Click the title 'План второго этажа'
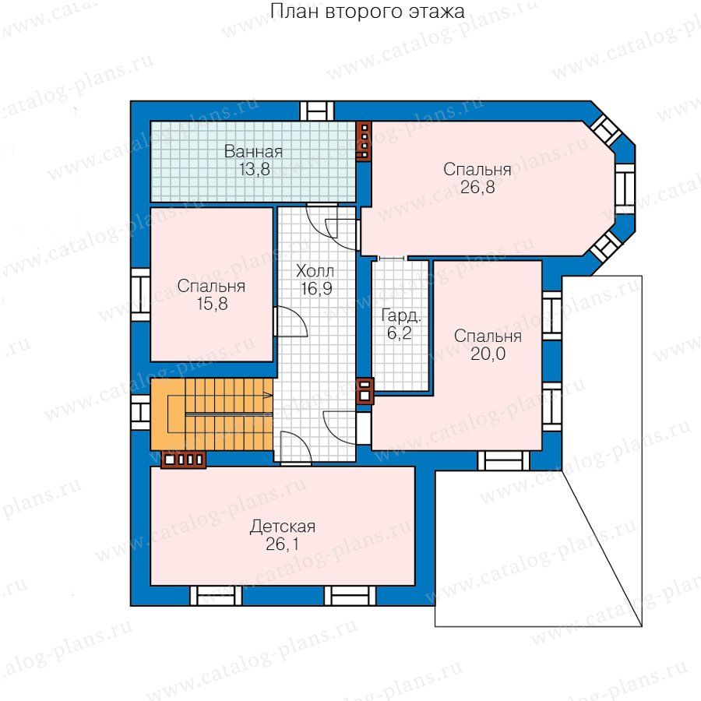pyautogui.click(x=367, y=11)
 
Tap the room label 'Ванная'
pyautogui.click(x=253, y=152)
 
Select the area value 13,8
pyautogui.click(x=255, y=170)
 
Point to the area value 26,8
pyautogui.click(x=477, y=187)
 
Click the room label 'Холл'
pyautogui.click(x=315, y=271)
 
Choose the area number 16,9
pyautogui.click(x=316, y=289)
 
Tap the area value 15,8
pyautogui.click(x=212, y=304)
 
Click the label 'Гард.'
pyautogui.click(x=400, y=316)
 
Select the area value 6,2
pyautogui.click(x=400, y=333)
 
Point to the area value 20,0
pyautogui.click(x=488, y=354)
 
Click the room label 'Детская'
pyautogui.click(x=283, y=527)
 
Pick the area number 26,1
pyautogui.click(x=283, y=544)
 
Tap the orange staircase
pyautogui.click(x=211, y=414)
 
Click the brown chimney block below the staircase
pyautogui.click(x=183, y=460)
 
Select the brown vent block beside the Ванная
pyautogui.click(x=365, y=140)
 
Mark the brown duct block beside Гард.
pyautogui.click(x=365, y=391)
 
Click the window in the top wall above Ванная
pyautogui.click(x=316, y=111)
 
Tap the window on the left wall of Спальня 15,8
pyautogui.click(x=140, y=294)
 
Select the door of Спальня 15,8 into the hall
pyautogui.click(x=291, y=322)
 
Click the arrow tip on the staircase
pyautogui.click(x=271, y=395)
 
